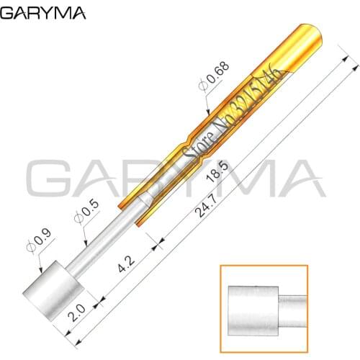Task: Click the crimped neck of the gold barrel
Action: (x=189, y=137)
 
